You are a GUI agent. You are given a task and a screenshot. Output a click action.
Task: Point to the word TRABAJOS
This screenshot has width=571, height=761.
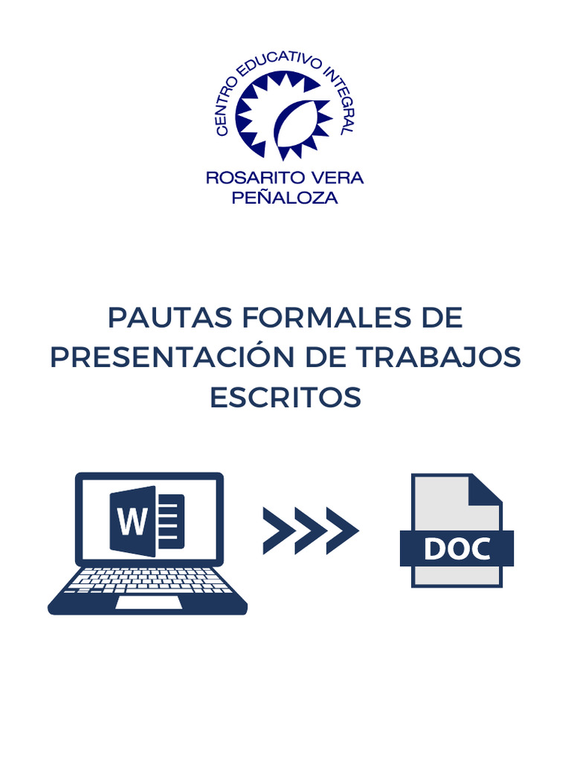tap(443, 357)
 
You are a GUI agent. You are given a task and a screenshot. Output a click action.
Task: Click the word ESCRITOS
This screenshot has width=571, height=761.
tap(285, 398)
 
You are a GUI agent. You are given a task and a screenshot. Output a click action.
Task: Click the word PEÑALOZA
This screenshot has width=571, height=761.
tap(285, 198)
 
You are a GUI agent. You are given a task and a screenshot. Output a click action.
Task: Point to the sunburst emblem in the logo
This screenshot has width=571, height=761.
tap(283, 116)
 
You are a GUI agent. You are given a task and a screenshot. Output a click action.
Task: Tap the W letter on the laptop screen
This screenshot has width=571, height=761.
tap(133, 521)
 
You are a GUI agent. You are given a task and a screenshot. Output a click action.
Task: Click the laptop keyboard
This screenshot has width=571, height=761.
tap(148, 580)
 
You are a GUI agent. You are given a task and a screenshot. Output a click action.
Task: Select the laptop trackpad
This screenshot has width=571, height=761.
tap(149, 603)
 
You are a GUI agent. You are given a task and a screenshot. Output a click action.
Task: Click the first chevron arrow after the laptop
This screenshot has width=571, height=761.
tap(277, 531)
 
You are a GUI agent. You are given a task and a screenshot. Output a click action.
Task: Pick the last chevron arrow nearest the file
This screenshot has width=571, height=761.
tap(341, 531)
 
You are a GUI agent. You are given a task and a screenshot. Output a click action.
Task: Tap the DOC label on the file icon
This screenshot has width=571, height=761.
tap(457, 548)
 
